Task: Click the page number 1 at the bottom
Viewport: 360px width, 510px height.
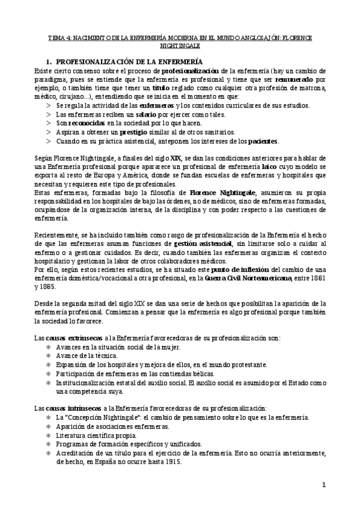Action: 323,485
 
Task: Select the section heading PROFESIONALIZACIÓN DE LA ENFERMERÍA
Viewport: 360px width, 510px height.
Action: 129,62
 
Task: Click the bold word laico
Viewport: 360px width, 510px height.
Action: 268,168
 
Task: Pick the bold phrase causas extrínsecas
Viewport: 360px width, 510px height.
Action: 66,339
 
